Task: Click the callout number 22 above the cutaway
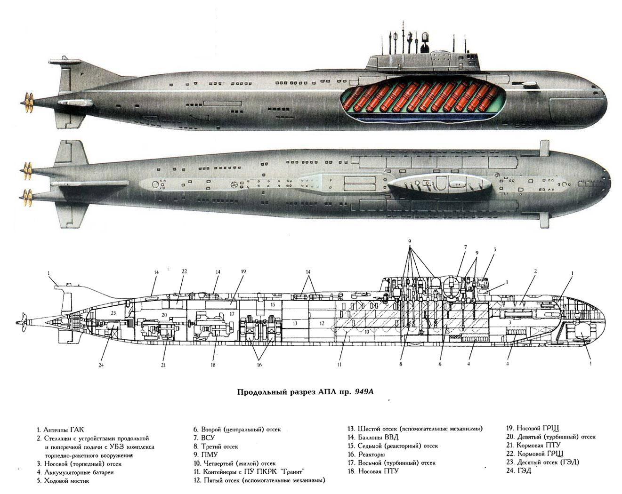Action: coord(185,271)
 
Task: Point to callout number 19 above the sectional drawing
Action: coord(243,271)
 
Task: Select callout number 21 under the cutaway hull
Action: coord(163,365)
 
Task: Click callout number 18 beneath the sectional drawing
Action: coord(213,365)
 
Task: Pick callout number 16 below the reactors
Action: coord(258,365)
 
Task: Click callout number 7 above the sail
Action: coord(465,247)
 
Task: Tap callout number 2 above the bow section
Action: coord(535,271)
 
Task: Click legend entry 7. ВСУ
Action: coord(204,438)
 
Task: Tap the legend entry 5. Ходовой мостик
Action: coord(63,481)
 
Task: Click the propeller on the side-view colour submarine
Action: coord(28,102)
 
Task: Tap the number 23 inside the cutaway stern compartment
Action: coord(113,312)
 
